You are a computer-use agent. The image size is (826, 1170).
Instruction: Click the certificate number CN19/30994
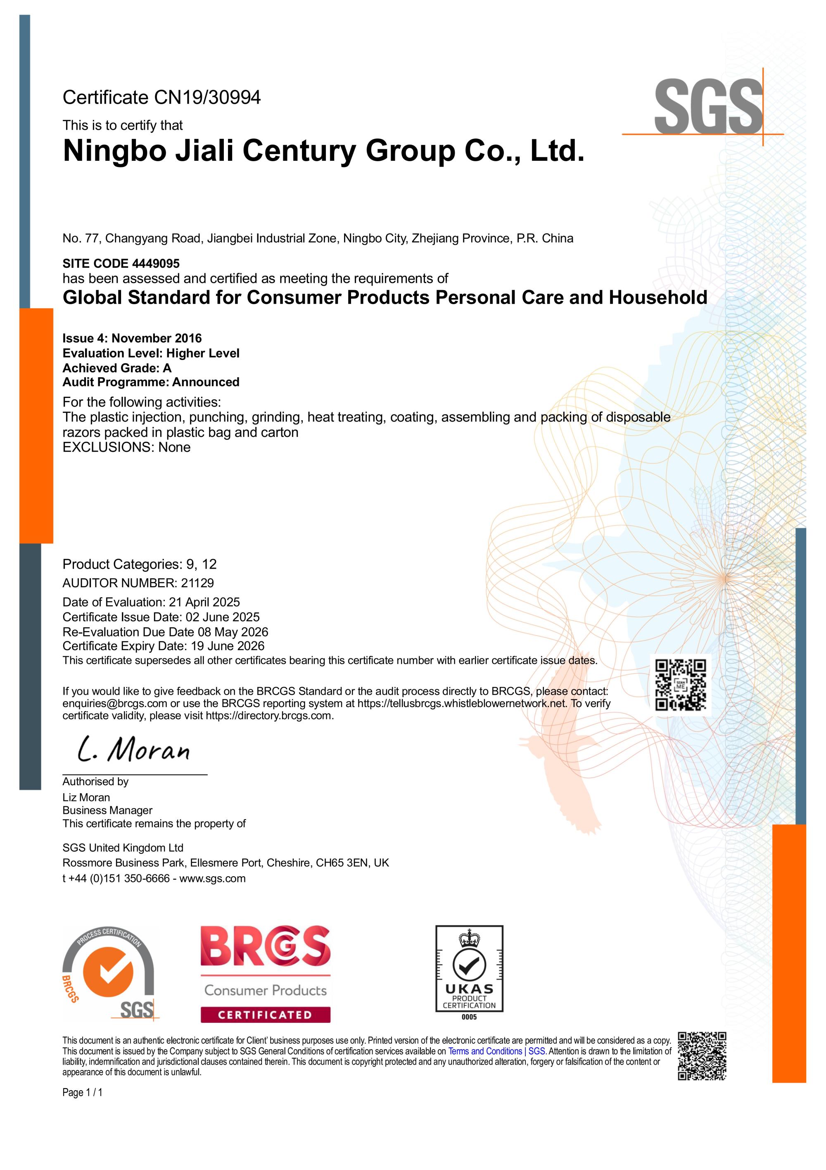[x=207, y=98]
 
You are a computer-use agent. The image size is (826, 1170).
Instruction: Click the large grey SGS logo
[x=707, y=107]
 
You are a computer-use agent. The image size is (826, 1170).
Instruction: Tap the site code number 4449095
[x=156, y=263]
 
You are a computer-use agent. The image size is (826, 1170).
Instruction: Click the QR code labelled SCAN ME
[x=681, y=685]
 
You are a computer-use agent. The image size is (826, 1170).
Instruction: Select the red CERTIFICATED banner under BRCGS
[x=265, y=1015]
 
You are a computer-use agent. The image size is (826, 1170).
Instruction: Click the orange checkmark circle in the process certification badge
[x=108, y=973]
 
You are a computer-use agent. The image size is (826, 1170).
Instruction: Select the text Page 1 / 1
[x=83, y=1093]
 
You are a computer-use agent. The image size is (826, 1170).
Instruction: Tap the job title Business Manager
[x=107, y=810]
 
